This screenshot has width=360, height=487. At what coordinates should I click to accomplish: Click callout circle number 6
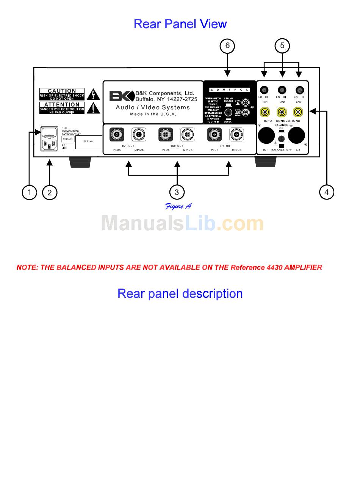point(227,46)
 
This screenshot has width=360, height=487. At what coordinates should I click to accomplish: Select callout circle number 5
point(282,46)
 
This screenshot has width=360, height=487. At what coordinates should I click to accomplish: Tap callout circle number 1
point(29,192)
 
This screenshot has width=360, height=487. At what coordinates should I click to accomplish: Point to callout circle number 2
point(50,192)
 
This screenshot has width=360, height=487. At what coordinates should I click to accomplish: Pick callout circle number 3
point(177,192)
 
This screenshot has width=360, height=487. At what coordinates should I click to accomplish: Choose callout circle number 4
point(327,192)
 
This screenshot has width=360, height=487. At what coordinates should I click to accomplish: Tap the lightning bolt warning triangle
point(92,94)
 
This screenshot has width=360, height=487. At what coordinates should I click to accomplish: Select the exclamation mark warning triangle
point(92,108)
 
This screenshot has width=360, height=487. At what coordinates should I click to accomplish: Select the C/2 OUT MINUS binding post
point(187,135)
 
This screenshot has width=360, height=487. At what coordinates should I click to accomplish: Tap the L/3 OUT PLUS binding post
point(214,135)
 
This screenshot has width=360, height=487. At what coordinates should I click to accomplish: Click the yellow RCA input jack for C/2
point(282,112)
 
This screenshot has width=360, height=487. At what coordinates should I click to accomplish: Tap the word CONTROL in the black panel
point(230,90)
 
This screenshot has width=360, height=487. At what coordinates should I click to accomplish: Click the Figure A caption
point(178,206)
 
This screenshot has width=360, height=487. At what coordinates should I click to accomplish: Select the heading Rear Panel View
point(180,24)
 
